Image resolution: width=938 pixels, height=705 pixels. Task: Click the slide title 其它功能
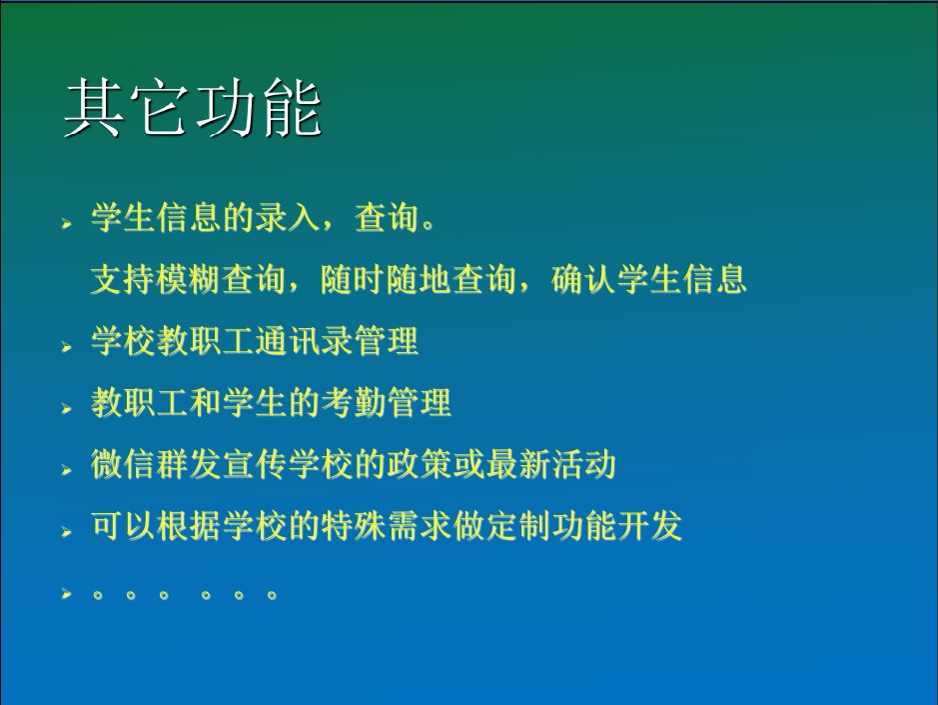193,108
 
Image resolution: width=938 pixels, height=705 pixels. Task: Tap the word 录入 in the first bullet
288,216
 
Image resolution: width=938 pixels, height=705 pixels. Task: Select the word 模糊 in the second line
189,279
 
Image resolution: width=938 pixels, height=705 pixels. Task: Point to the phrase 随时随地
386,279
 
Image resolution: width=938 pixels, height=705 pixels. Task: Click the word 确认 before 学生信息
583,279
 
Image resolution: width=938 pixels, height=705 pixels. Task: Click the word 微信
123,464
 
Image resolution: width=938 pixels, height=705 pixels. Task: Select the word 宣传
255,464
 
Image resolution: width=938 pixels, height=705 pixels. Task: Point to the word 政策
419,464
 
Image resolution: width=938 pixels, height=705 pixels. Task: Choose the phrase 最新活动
551,464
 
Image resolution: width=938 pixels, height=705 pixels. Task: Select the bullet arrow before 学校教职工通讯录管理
66,347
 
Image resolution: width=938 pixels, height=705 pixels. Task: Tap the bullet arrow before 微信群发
66,470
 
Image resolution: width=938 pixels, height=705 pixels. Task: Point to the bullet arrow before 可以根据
66,532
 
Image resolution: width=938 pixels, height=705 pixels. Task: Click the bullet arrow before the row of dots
66,594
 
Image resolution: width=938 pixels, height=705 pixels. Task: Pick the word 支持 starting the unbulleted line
123,279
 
